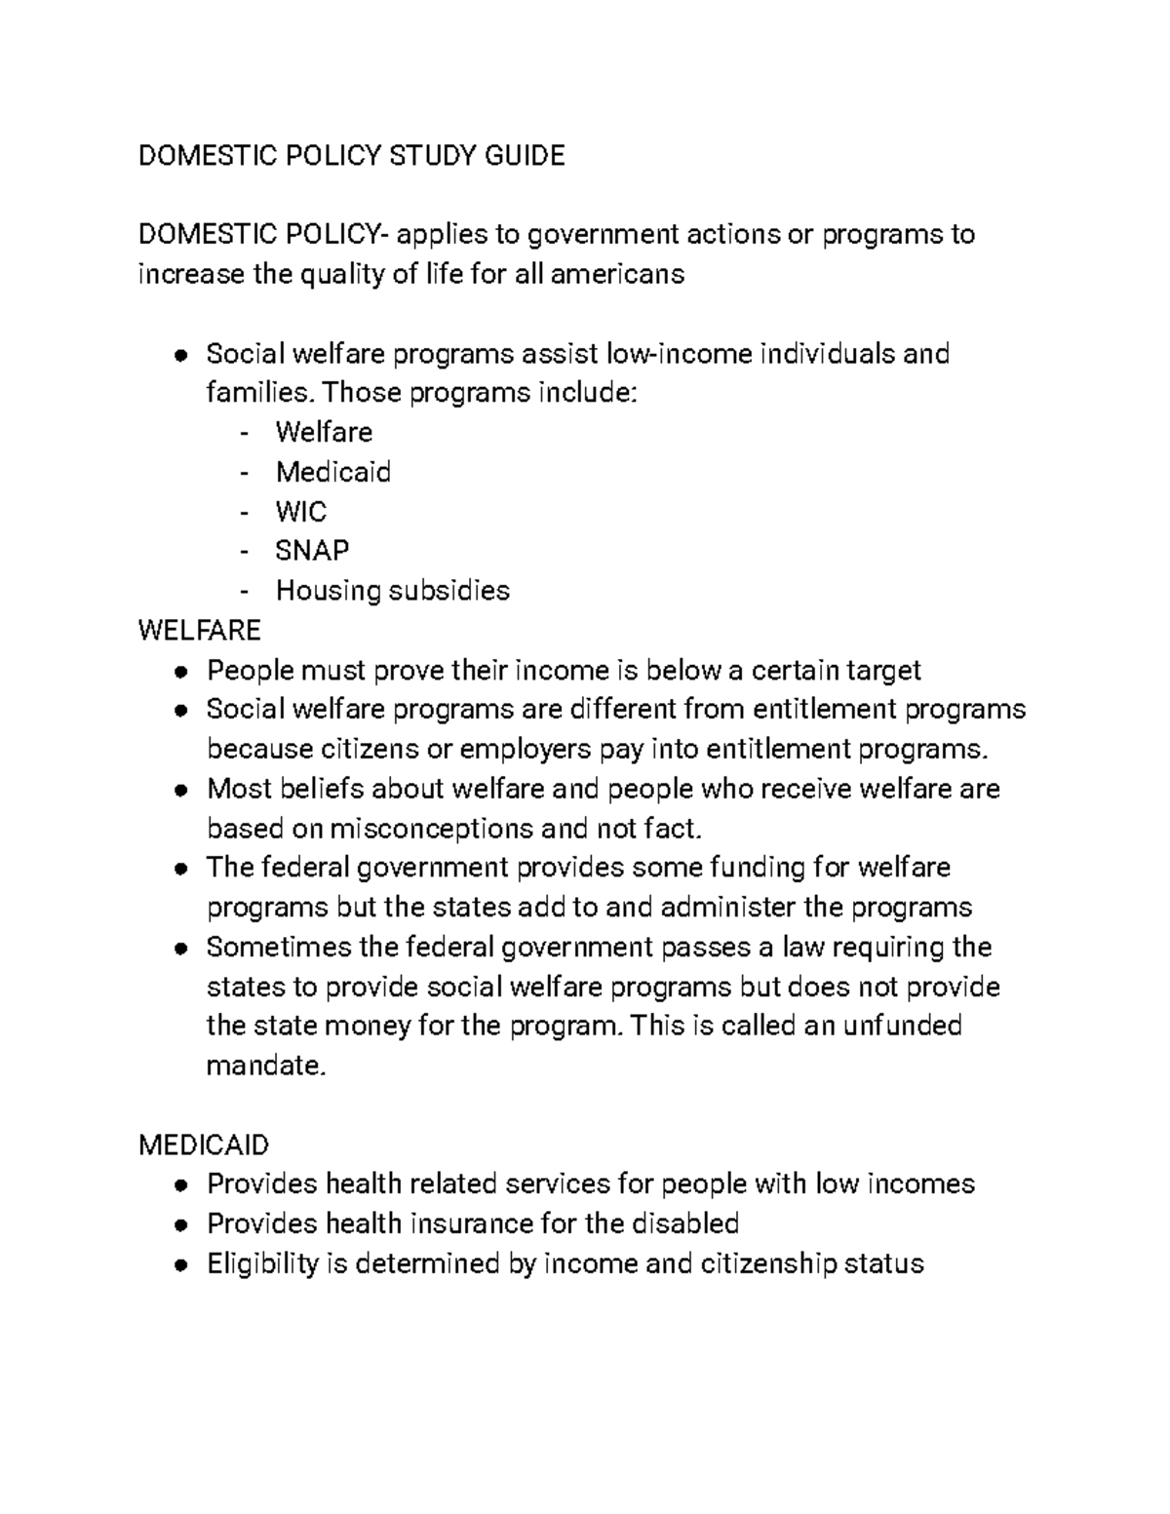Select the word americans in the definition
click(x=618, y=275)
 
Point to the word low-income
click(x=680, y=354)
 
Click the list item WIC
click(x=301, y=512)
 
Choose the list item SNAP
click(x=312, y=551)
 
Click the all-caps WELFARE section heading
click(x=199, y=631)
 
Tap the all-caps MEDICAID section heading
click(x=204, y=1145)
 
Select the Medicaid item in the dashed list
click(x=333, y=473)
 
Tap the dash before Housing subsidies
click(x=243, y=592)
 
